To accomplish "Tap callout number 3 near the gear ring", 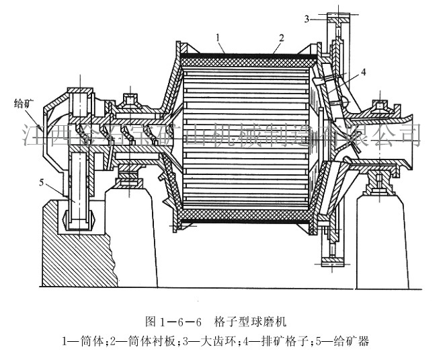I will point(307,19).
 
